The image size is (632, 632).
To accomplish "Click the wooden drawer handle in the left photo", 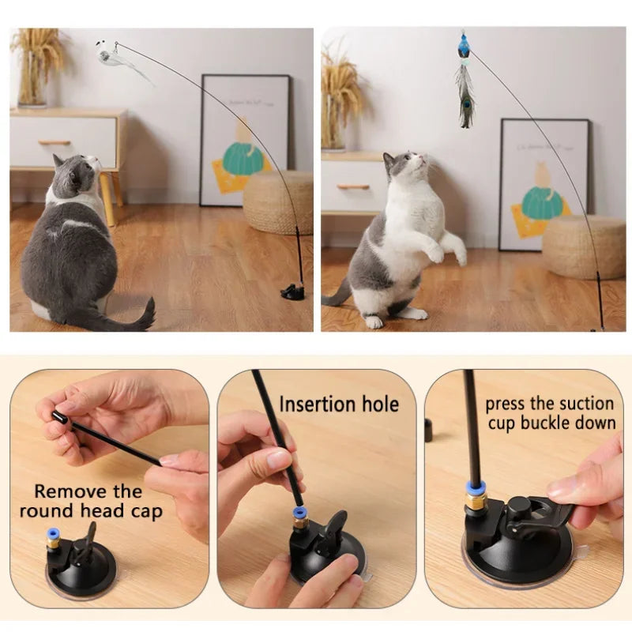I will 55,143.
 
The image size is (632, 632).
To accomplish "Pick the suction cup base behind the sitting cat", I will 293,293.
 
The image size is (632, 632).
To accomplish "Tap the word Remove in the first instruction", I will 66,491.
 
